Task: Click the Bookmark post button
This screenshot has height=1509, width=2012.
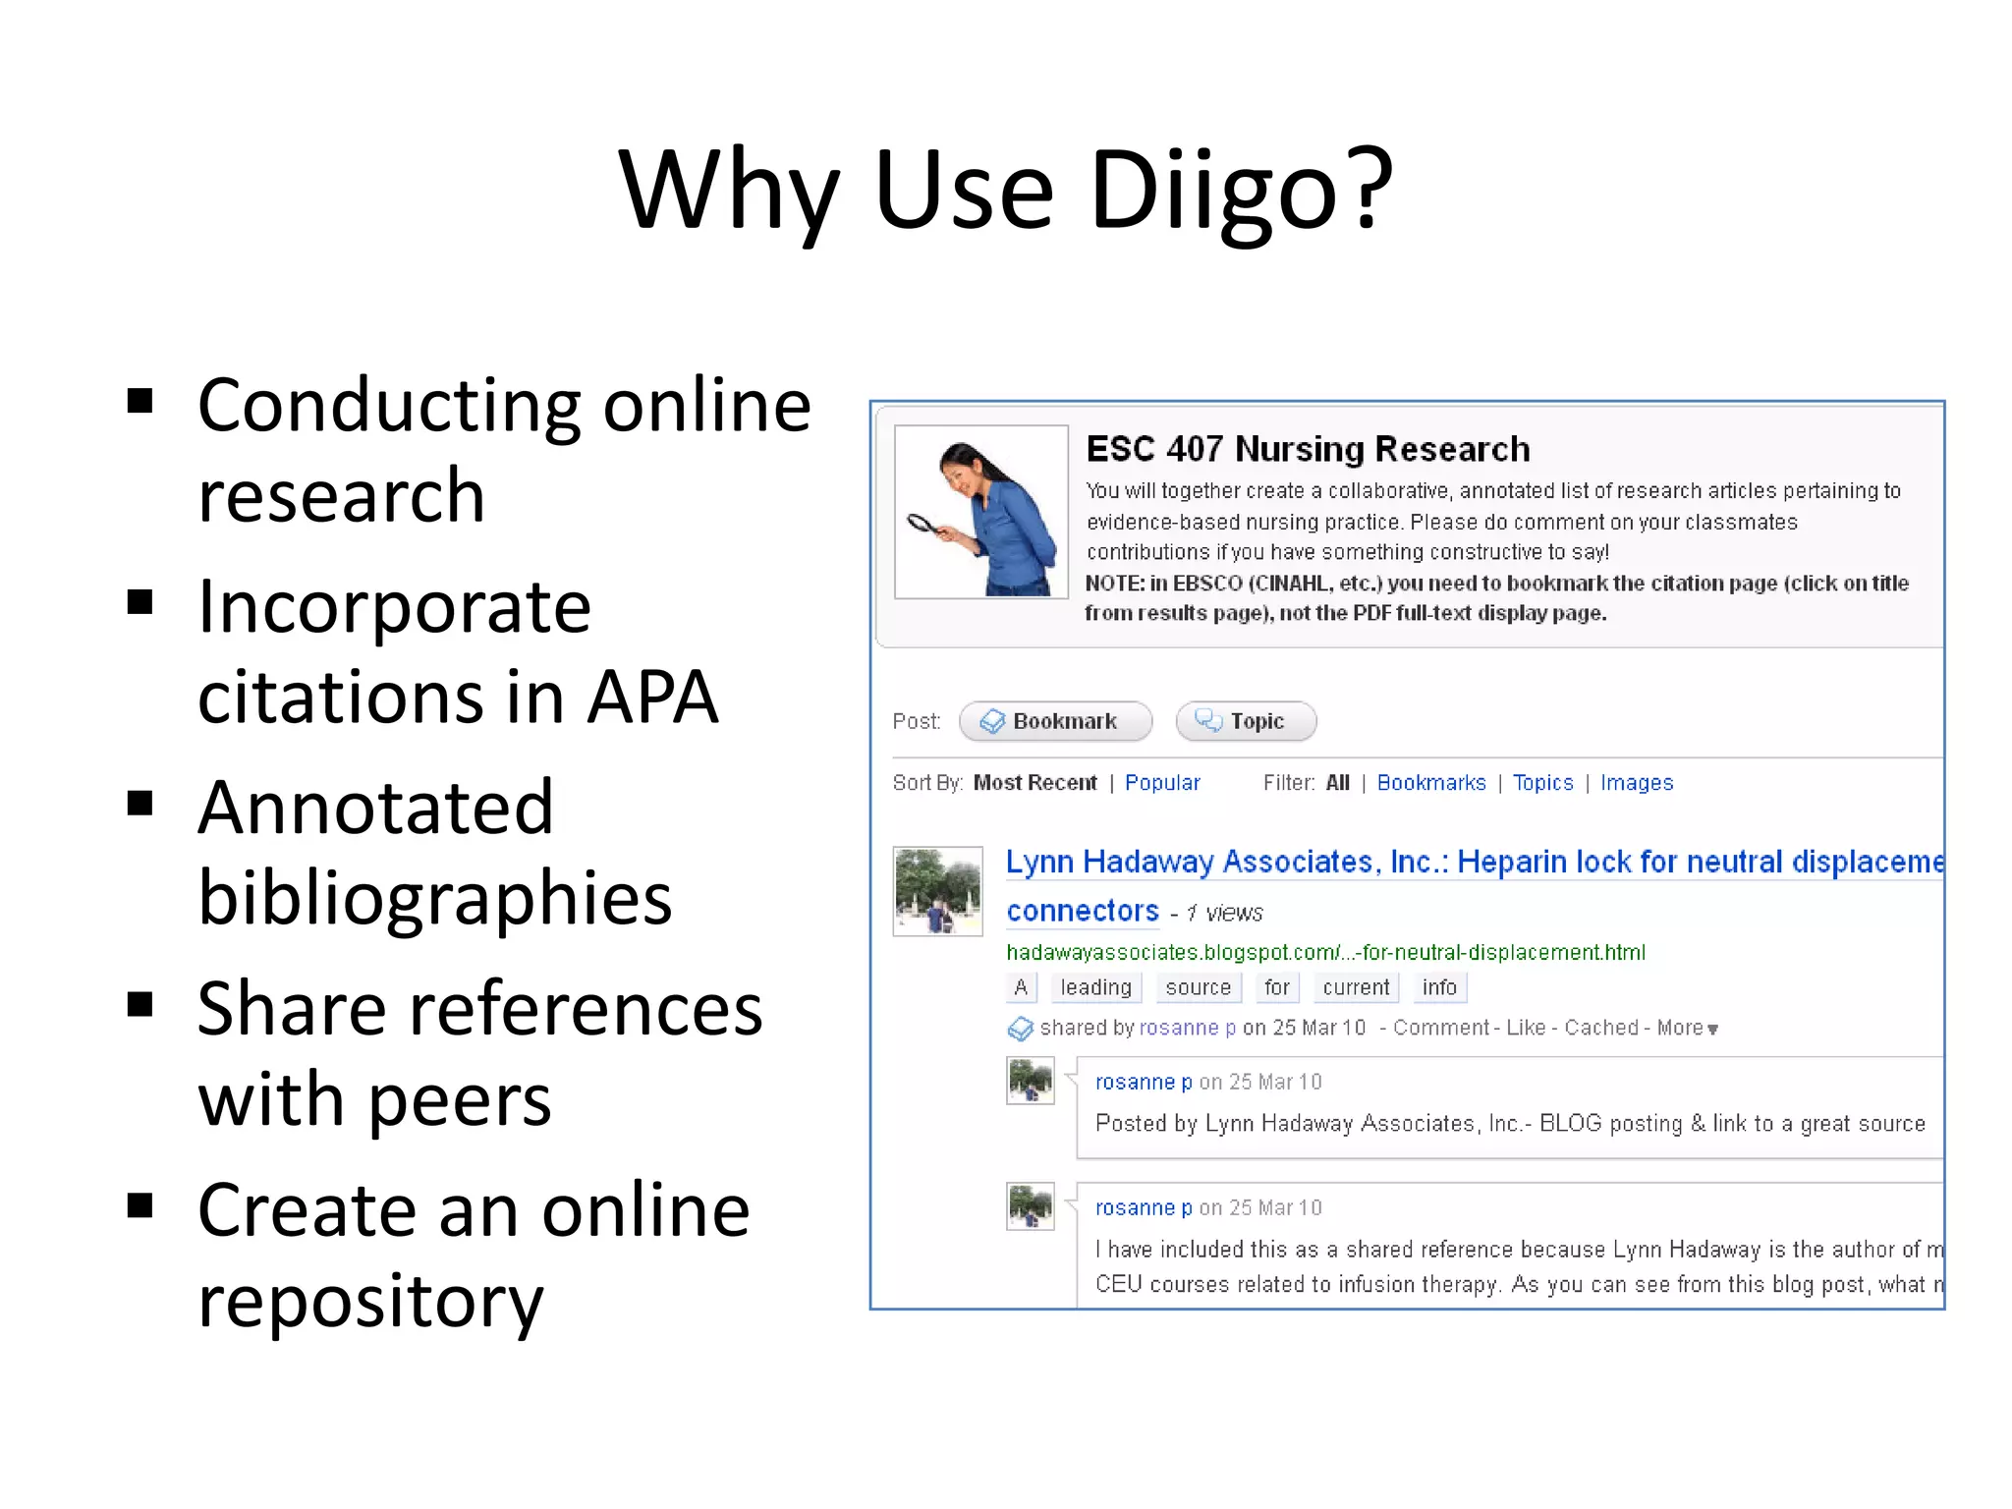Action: click(1055, 721)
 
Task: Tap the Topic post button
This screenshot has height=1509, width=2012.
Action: click(1246, 721)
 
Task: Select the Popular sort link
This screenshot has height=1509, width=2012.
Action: click(1162, 783)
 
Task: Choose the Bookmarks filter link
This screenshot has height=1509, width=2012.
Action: click(1431, 783)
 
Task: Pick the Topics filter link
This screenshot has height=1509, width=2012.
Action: click(1542, 783)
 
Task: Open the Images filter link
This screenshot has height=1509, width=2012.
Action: click(1637, 783)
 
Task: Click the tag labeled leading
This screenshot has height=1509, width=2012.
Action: click(1095, 987)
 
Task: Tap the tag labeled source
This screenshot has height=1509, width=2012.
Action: click(1198, 987)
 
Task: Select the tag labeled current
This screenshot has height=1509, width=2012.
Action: click(1356, 987)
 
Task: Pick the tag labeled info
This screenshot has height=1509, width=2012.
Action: click(1439, 987)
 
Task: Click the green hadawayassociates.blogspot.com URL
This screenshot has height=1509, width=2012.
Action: click(1325, 952)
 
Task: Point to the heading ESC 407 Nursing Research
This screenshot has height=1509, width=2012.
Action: click(1308, 449)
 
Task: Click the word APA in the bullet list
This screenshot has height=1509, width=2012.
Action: click(654, 698)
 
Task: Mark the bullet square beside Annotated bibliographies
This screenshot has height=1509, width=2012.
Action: click(140, 804)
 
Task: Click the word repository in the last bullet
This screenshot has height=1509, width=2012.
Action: click(370, 1301)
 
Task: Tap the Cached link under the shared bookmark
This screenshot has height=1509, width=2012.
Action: click(1601, 1028)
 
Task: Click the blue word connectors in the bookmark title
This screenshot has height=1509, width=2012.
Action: click(1083, 911)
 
